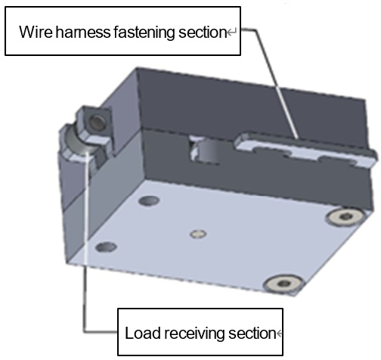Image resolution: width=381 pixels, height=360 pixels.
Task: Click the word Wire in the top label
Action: pos(36,32)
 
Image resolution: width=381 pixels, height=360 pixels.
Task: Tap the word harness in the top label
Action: pos(83,32)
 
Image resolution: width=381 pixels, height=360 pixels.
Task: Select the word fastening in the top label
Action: pos(144,33)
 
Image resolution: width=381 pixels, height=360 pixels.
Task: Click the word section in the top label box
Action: pos(203,33)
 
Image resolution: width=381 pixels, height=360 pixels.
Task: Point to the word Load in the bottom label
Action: pos(143,333)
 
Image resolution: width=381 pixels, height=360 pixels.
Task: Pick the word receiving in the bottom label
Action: pos(194,334)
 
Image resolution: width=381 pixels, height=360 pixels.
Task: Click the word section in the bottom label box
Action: pos(252,333)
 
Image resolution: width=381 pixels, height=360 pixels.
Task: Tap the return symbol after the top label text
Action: pos(231,33)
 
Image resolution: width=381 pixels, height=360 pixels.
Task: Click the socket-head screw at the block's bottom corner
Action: pos(283,284)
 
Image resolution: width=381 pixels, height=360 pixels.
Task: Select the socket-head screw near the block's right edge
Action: pos(344,216)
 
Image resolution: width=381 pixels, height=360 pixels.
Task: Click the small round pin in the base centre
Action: pos(198,234)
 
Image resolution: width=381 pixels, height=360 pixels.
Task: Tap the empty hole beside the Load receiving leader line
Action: pos(107,247)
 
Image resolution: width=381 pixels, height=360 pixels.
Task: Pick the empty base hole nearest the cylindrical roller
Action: pos(149,201)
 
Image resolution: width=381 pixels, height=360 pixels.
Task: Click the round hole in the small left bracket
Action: pos(98,122)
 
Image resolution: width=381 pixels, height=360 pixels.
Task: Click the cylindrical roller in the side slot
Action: pos(209,153)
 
